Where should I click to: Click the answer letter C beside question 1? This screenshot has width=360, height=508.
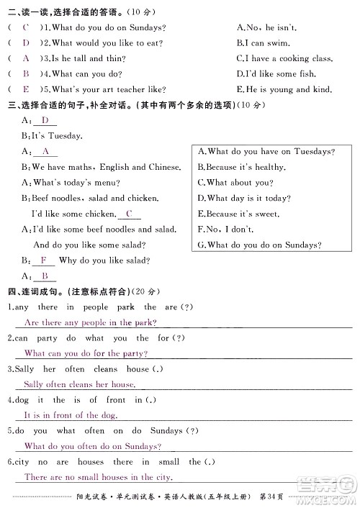[x=26, y=27]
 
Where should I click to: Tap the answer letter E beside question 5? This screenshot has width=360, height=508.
[x=26, y=89]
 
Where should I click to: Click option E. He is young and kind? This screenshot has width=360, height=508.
[x=284, y=90]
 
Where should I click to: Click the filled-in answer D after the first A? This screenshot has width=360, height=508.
[x=45, y=120]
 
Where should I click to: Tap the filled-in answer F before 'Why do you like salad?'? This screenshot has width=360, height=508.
[x=43, y=260]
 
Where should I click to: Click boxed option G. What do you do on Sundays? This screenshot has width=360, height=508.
[x=258, y=245]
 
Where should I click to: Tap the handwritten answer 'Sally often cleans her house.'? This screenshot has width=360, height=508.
[x=79, y=385]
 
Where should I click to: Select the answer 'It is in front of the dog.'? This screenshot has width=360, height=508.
[x=71, y=415]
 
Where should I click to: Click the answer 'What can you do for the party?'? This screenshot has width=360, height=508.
[x=86, y=353]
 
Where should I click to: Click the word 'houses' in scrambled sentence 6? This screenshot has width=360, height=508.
[x=91, y=462]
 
